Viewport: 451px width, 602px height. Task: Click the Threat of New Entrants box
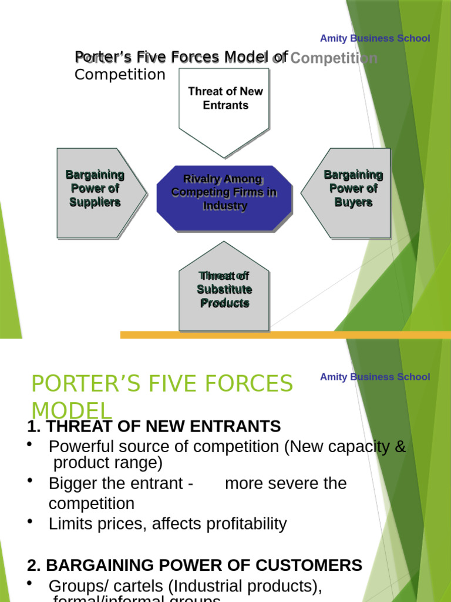click(224, 106)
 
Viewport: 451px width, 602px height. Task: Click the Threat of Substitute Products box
click(224, 291)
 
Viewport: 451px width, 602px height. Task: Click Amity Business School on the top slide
click(375, 38)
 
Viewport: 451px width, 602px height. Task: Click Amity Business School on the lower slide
click(375, 377)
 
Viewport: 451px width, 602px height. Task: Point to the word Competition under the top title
click(120, 75)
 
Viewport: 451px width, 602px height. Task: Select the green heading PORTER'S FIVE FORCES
click(161, 384)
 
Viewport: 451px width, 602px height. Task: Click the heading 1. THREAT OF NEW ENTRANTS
click(154, 426)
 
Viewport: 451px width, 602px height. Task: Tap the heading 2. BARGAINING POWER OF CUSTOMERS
click(194, 566)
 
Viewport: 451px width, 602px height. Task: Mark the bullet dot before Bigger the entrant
click(29, 480)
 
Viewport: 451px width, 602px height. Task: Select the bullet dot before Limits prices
click(29, 521)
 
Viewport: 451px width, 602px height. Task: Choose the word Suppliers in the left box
click(95, 202)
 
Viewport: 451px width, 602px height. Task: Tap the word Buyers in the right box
click(353, 202)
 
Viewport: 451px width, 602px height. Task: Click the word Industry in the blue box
click(224, 206)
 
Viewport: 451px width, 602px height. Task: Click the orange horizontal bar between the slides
click(282, 335)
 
